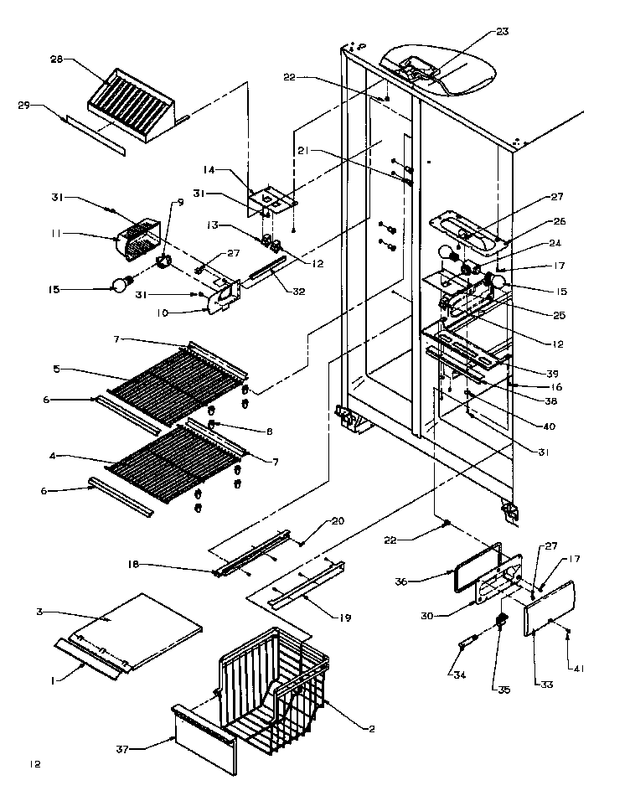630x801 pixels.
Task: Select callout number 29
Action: click(24, 105)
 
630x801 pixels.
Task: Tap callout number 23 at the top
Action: click(502, 33)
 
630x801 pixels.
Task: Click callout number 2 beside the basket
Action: click(370, 728)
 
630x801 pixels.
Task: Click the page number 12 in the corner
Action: click(34, 764)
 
